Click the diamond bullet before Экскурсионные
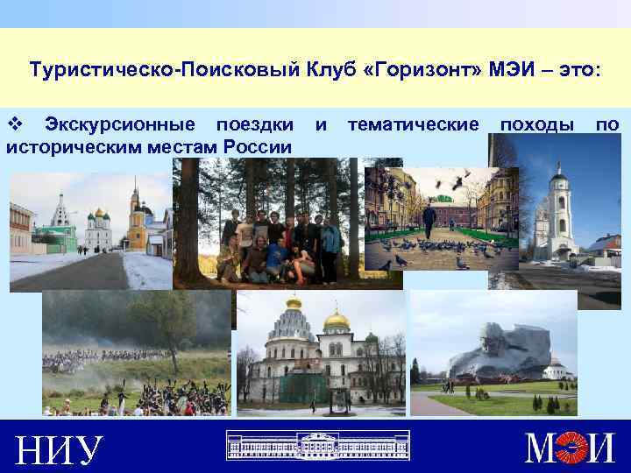[13, 125]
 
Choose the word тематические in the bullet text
[413, 125]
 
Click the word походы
[537, 125]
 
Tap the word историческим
[67, 145]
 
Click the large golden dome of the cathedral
[337, 321]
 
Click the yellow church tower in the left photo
[136, 218]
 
